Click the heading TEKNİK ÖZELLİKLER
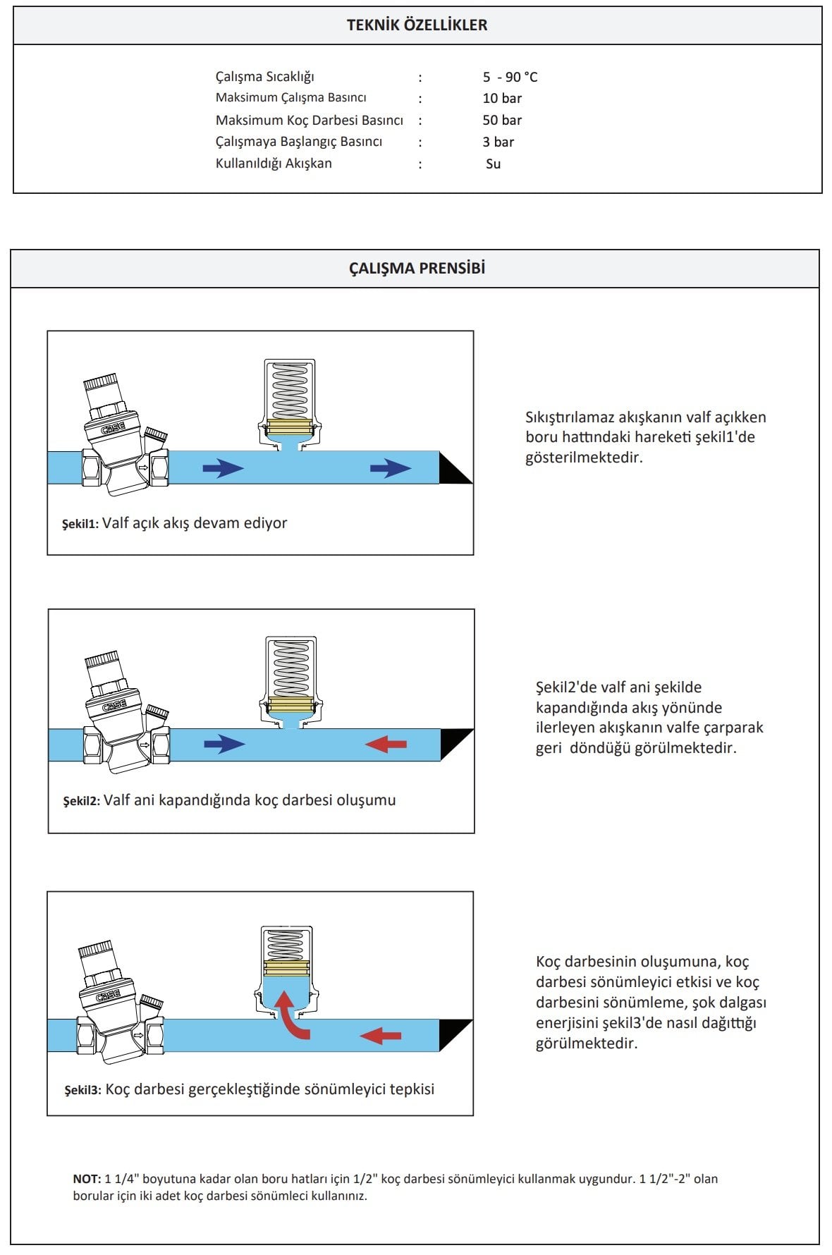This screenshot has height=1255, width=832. [x=417, y=25]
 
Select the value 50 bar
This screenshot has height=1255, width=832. [x=502, y=120]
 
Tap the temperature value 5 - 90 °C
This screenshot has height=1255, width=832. [x=510, y=77]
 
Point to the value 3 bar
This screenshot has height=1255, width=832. [x=498, y=142]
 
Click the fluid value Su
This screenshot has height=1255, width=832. [x=493, y=164]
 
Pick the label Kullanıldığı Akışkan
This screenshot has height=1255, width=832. [x=274, y=164]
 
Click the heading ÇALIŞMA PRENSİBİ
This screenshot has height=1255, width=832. [x=417, y=269]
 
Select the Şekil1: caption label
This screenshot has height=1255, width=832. [x=80, y=524]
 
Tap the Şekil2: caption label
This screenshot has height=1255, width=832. [x=81, y=801]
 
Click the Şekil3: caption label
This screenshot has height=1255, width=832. [x=82, y=1090]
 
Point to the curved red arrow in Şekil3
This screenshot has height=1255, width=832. [x=289, y=1015]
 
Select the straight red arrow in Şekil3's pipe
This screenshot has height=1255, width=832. [x=381, y=1035]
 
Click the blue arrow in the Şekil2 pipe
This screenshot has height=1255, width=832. [x=224, y=744]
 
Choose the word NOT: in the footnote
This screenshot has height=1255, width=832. [x=87, y=1179]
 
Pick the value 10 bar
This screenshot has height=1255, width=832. [x=502, y=98]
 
